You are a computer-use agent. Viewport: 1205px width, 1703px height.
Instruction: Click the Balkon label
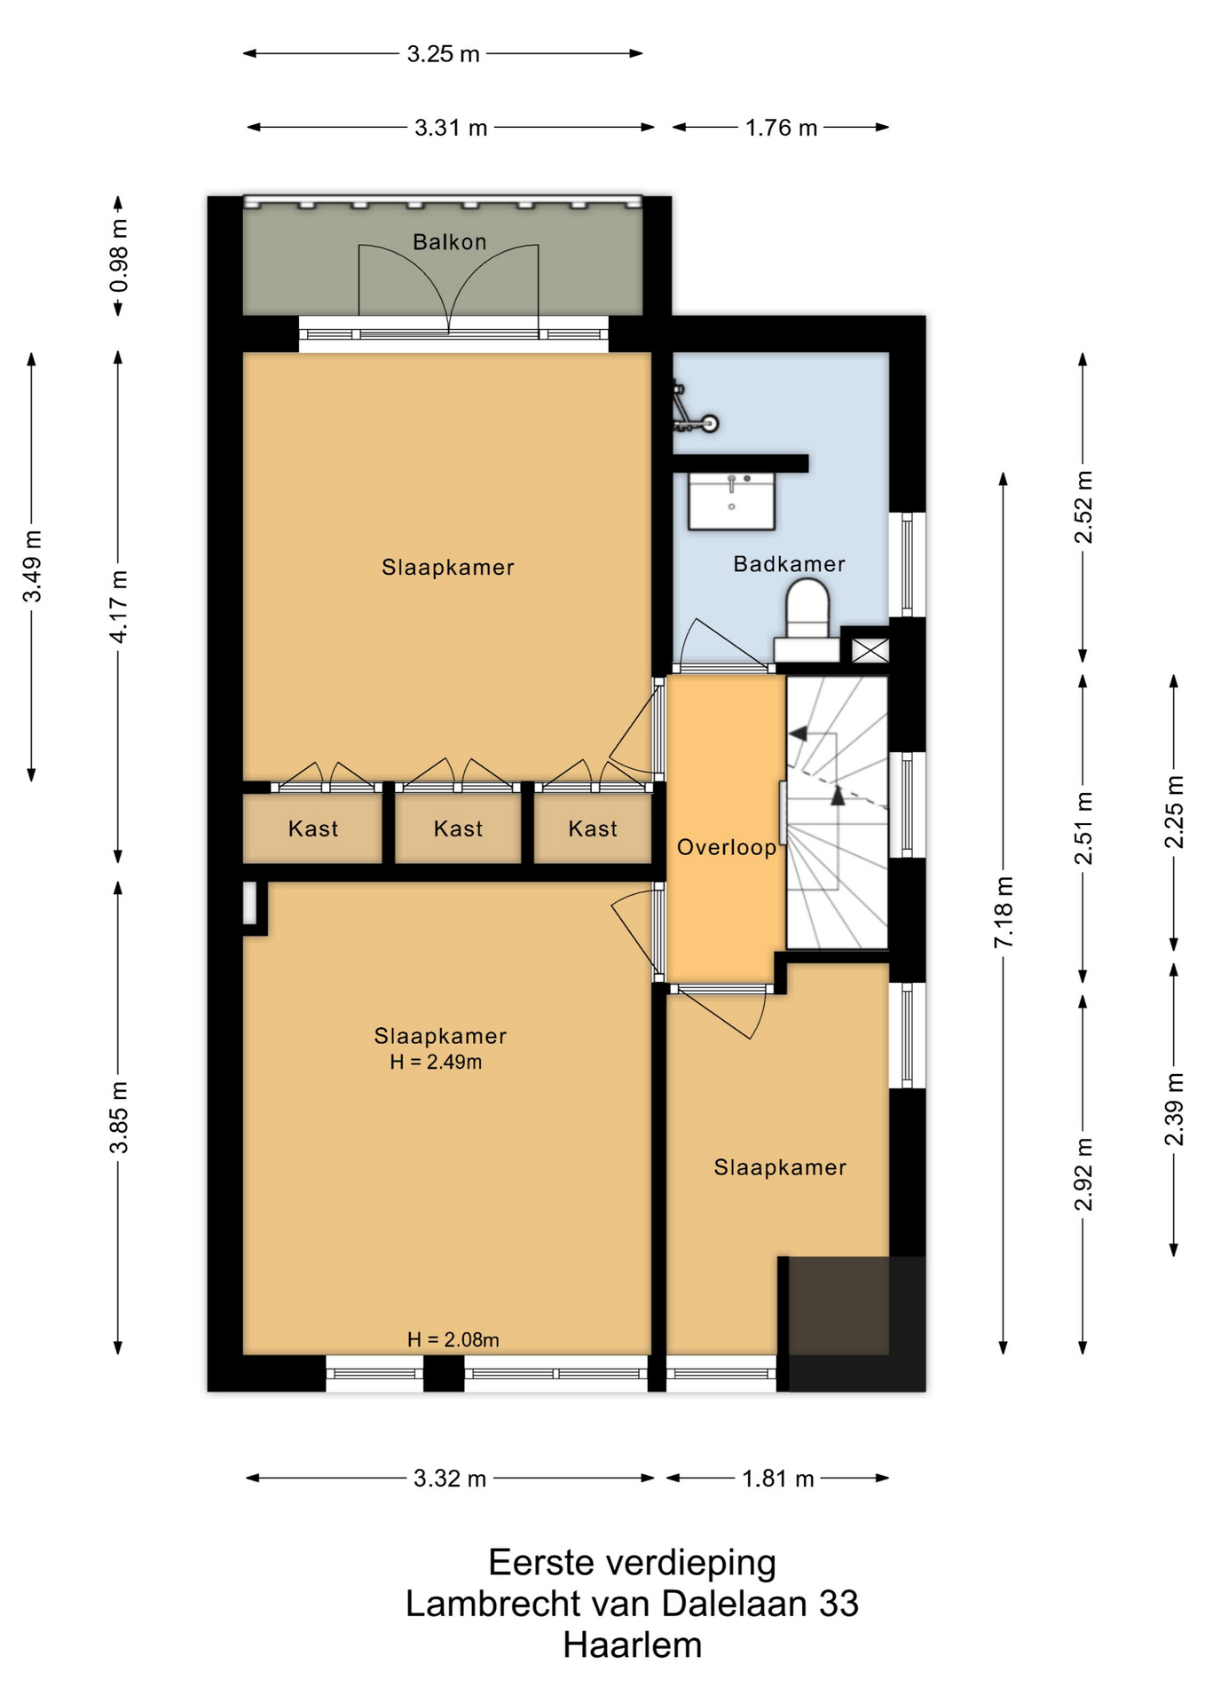point(449,241)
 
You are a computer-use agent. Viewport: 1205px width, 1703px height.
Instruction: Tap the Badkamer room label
point(789,564)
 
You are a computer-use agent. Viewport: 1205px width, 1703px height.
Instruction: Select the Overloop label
point(727,847)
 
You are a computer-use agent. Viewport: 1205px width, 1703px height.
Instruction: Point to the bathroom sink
point(731,500)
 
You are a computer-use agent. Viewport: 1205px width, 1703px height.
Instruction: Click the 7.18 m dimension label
point(1004,912)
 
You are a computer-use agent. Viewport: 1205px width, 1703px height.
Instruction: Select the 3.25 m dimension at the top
point(443,54)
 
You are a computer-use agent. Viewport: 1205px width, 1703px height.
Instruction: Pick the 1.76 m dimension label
point(781,128)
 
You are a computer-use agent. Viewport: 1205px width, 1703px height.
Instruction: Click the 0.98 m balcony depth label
point(119,256)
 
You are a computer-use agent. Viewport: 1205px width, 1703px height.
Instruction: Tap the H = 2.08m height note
point(453,1339)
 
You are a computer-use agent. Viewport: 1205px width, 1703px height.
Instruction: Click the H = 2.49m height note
point(436,1062)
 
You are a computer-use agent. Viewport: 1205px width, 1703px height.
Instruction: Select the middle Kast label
point(458,828)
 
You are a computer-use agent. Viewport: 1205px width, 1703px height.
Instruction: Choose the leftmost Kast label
point(313,828)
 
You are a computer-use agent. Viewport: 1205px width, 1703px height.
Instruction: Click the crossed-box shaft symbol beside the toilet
point(870,651)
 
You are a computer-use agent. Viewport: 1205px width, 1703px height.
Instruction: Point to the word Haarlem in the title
point(632,1646)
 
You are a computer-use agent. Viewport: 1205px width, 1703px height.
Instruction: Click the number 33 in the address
point(839,1604)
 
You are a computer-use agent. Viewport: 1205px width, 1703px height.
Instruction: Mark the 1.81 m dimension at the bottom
point(778,1479)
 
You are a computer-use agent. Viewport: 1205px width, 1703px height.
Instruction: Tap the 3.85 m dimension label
point(119,1118)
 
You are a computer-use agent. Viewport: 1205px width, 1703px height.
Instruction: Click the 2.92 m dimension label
point(1083,1173)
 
